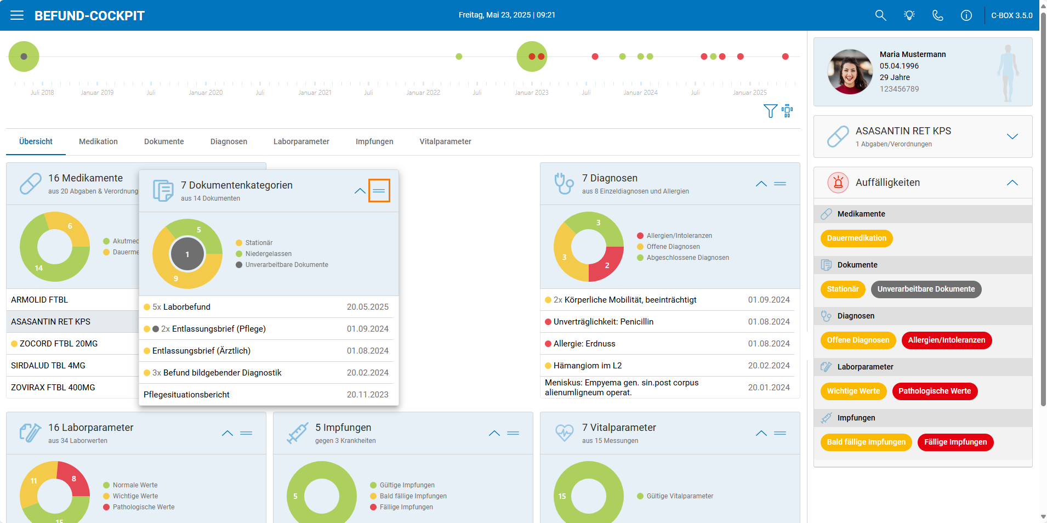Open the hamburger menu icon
coord(17,15)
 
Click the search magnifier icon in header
coord(880,15)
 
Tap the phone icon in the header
coord(938,15)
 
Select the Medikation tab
coord(98,141)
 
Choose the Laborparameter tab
coord(301,141)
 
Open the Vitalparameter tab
coord(445,141)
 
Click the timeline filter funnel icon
coord(770,111)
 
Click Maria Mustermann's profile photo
coord(850,72)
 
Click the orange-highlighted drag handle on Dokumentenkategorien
coord(379,191)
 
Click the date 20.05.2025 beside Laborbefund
coord(368,307)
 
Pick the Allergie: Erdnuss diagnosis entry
coord(584,344)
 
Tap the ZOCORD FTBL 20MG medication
coord(59,344)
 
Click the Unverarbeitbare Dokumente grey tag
coord(926,289)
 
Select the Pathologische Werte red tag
coord(935,391)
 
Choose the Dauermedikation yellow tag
coord(856,238)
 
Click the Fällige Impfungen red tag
coord(955,442)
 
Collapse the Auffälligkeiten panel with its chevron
coord(1012,183)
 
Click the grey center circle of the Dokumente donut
coord(187,254)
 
